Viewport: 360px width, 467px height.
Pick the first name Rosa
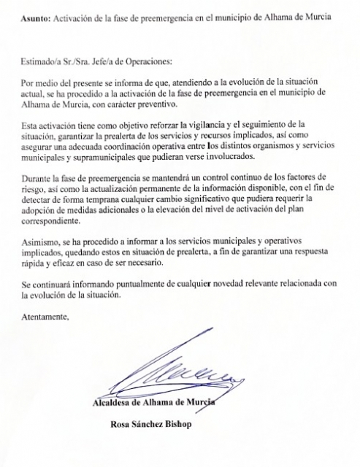121,425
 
